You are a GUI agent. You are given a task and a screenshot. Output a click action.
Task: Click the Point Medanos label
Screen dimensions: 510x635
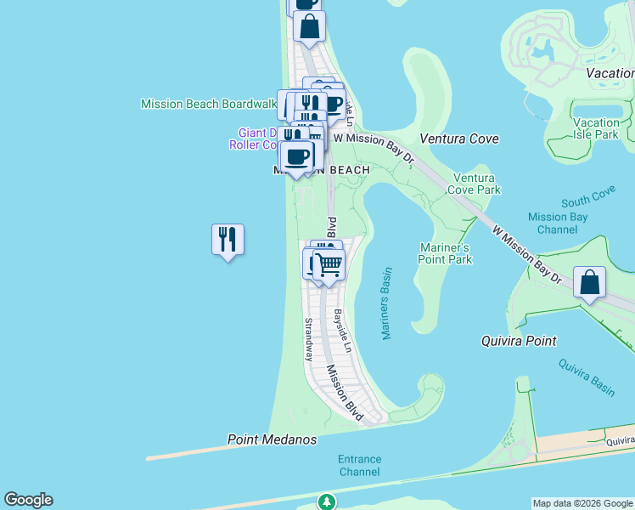coord(272,439)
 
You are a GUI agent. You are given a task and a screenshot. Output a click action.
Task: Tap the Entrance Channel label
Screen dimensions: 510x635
coord(360,465)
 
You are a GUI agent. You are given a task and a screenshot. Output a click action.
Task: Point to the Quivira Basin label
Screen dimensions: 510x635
coord(587,377)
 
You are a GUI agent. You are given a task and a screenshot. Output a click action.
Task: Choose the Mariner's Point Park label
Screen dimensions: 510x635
coord(445,253)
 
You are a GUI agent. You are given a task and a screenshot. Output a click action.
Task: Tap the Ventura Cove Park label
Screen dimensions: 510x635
coord(477,184)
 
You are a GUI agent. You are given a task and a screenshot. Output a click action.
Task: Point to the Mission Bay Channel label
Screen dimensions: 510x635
coord(558,223)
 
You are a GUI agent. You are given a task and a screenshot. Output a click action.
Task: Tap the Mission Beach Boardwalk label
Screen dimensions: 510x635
coord(209,104)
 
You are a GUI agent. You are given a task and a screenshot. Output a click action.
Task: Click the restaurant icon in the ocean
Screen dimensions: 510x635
coord(228,240)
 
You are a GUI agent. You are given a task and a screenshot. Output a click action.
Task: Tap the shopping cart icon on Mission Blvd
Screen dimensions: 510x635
coord(329,265)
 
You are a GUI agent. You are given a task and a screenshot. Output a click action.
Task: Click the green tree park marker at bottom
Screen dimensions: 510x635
coord(326,501)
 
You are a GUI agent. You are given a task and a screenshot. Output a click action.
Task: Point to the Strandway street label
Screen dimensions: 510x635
coord(309,339)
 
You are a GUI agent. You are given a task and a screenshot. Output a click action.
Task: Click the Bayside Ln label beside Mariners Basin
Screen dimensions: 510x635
coord(341,326)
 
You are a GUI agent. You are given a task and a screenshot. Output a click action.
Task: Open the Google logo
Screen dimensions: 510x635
coord(28,500)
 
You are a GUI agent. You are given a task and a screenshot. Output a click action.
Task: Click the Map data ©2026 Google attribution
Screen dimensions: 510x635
coord(582,503)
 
